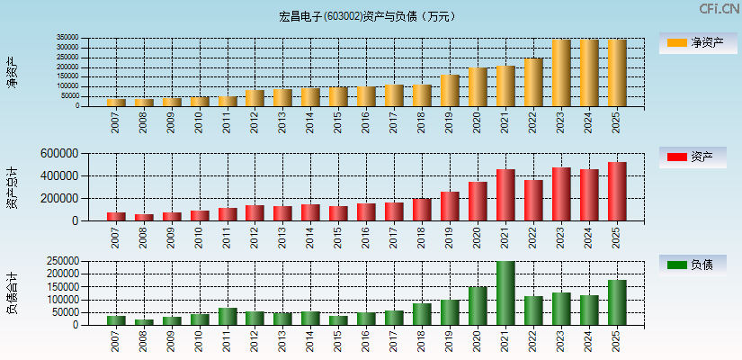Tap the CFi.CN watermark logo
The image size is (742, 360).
coord(720,9)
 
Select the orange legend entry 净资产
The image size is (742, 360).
coord(693,42)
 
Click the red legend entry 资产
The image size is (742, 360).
coord(693,157)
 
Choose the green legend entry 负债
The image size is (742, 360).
coord(693,265)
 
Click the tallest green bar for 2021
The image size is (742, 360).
coord(505,293)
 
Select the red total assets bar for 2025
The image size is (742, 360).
coord(617,192)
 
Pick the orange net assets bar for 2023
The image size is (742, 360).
coord(561,73)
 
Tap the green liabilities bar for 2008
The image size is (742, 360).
coord(144,321)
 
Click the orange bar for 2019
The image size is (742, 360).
coord(450,91)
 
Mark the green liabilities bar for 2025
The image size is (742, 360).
coord(617,302)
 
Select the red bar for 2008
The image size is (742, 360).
coord(144,217)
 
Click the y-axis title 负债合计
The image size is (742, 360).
coord(12,292)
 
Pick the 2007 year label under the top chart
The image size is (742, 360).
coord(116,122)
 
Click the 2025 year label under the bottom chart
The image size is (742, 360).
coord(617,341)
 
